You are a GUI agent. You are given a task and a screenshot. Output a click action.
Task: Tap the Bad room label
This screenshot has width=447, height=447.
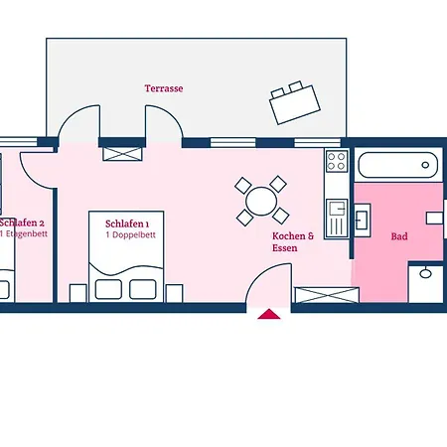click(399, 236)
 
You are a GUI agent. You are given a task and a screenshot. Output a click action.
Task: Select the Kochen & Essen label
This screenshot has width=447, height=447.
click(293, 241)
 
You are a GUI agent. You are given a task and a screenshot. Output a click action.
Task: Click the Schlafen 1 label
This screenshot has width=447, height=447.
click(126, 223)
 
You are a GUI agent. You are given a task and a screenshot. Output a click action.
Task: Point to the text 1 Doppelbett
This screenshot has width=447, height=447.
click(126, 235)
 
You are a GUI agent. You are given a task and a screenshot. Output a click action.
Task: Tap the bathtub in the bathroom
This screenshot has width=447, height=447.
click(398, 164)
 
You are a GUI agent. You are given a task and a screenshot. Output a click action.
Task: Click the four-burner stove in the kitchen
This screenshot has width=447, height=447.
click(336, 161)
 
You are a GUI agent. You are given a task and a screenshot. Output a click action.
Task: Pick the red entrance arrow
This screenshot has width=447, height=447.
click(268, 315)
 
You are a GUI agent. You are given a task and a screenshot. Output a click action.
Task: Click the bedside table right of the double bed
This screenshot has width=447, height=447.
click(174, 292)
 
